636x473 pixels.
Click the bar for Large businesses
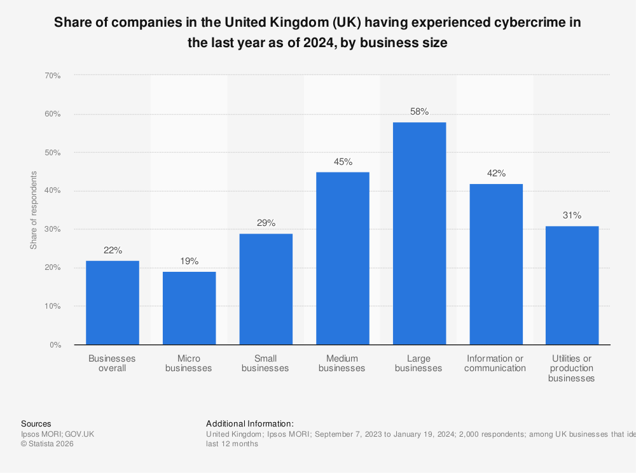pyautogui.click(x=419, y=233)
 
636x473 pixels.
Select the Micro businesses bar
pyautogui.click(x=189, y=308)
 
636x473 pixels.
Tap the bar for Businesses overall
pyautogui.click(x=113, y=302)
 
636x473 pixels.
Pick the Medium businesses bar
pyautogui.click(x=342, y=258)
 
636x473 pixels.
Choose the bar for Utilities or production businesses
pyautogui.click(x=572, y=285)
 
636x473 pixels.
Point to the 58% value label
pyautogui.click(x=419, y=111)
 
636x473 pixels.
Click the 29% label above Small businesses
pyautogui.click(x=266, y=223)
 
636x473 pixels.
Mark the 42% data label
pyautogui.click(x=495, y=173)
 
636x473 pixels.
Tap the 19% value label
pyautogui.click(x=189, y=261)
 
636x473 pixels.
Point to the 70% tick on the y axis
pyautogui.click(x=52, y=76)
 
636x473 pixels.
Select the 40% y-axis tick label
pyautogui.click(x=52, y=191)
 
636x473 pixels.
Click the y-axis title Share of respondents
pyautogui.click(x=34, y=210)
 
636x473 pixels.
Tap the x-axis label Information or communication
pyautogui.click(x=495, y=363)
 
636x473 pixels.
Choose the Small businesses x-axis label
pyautogui.click(x=266, y=363)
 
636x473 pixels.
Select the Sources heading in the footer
pyautogui.click(x=36, y=423)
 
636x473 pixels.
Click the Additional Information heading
pyautogui.click(x=250, y=423)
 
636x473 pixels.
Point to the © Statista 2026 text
pyautogui.click(x=47, y=444)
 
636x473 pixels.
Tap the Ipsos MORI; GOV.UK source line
pyautogui.click(x=57, y=434)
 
